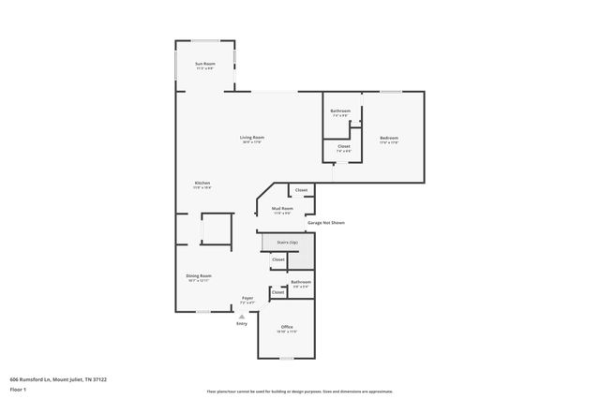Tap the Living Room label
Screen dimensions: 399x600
252,138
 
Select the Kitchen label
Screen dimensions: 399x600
202,183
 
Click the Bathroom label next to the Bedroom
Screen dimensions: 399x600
340,111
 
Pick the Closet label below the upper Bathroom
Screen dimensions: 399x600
343,146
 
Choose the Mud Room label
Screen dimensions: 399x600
282,209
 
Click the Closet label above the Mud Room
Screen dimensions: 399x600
301,190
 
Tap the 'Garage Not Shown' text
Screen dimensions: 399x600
325,223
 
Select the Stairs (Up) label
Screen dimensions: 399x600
287,243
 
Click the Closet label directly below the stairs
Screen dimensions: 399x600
278,259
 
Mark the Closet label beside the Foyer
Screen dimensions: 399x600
277,292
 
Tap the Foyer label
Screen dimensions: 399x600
247,299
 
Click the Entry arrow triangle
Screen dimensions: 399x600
242,317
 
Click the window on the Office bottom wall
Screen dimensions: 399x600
287,359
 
